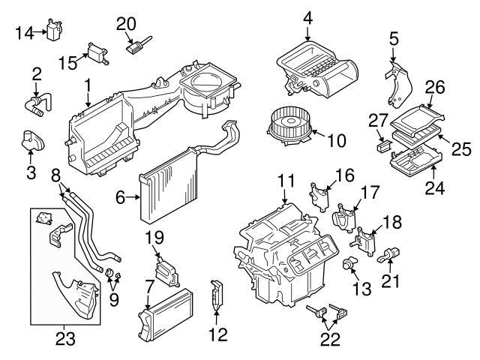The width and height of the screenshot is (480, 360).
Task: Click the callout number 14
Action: (x=23, y=32)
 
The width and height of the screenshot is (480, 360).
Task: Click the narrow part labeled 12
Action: (x=217, y=295)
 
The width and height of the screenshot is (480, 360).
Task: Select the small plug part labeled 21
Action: (x=390, y=256)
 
